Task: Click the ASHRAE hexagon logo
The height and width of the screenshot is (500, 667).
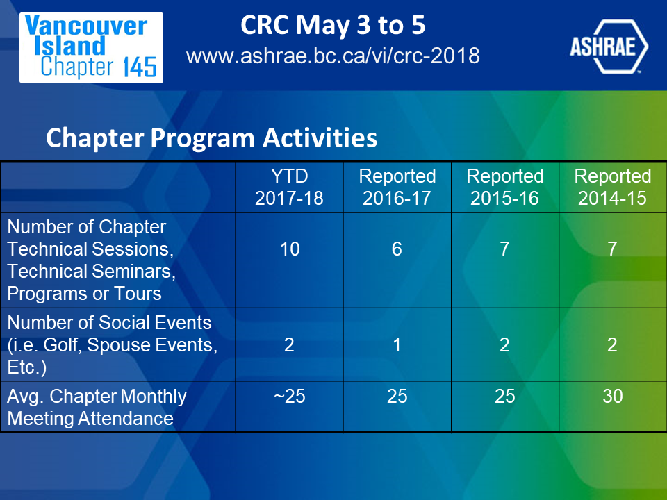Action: pos(609,47)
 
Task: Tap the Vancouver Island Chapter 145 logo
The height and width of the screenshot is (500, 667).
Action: pos(91,47)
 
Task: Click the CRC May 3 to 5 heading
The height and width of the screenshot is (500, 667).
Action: pos(333,25)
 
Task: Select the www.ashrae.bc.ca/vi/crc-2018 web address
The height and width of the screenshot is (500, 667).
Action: pos(333,56)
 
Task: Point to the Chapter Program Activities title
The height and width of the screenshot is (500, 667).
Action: pos(211,137)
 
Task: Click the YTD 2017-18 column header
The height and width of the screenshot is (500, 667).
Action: pos(289,187)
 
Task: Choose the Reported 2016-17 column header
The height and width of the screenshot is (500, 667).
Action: pos(397,187)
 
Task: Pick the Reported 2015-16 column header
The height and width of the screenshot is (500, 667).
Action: pos(505,187)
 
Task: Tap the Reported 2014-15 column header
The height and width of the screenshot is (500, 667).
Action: pos(613,187)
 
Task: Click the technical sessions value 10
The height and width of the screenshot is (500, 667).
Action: pos(290,249)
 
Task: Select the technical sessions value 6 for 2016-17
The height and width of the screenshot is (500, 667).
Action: pos(397,249)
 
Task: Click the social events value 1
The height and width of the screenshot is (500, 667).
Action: pos(397,345)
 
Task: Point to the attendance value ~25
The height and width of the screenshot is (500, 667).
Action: pos(289,397)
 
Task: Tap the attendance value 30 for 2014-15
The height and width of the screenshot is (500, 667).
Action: pos(613,397)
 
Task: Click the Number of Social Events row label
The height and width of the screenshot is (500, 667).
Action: pos(113,345)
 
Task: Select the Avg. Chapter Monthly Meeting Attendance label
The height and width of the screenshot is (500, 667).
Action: pos(97,408)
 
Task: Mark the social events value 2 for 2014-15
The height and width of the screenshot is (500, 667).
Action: pos(612,345)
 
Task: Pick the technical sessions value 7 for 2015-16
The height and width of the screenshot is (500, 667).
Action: pos(504,249)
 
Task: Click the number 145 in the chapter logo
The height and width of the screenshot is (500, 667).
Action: pos(140,67)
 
